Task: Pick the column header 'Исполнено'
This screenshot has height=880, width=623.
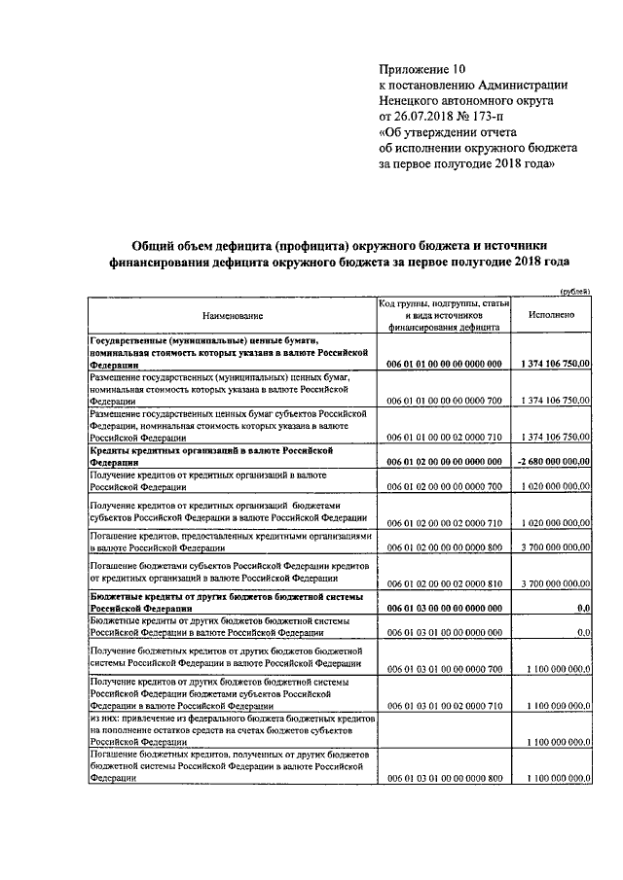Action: pos(552,316)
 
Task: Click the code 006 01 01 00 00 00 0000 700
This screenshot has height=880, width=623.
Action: pos(444,401)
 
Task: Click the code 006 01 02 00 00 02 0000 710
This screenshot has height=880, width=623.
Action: pos(444,522)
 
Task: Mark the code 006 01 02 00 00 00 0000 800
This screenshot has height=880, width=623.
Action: pos(444,547)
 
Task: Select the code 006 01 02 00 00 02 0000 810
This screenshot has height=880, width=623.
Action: pos(444,583)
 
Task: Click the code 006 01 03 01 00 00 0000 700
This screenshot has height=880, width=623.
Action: pos(444,669)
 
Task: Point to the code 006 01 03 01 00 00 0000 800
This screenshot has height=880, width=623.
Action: pos(444,779)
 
